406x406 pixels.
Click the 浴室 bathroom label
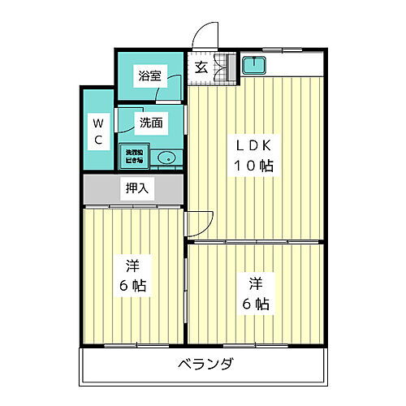[x=149, y=76]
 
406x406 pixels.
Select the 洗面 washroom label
[x=150, y=123]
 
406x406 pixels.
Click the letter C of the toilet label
[x=97, y=140]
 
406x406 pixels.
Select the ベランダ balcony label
[x=205, y=363]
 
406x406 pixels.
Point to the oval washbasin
[x=166, y=158]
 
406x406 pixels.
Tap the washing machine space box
[x=133, y=156]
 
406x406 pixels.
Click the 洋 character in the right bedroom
[x=255, y=284]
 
